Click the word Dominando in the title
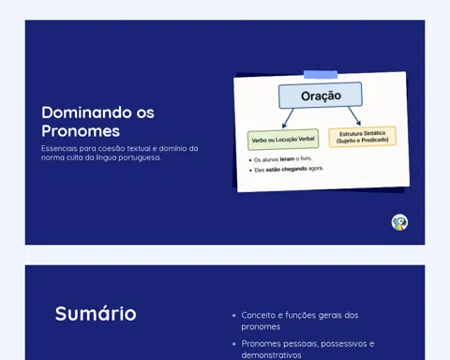tap(86, 112)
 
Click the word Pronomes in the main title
tap(81, 131)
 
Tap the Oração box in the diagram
tap(321, 96)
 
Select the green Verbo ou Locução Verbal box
tap(283, 140)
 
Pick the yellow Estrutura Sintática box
tap(363, 137)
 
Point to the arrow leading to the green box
tap(288, 118)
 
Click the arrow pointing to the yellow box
tap(354, 116)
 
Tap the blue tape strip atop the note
tap(321, 74)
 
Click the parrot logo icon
tap(399, 222)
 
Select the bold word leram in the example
tap(287, 159)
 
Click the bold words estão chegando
tap(286, 170)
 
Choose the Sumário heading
tap(96, 313)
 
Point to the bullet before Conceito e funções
tap(234, 316)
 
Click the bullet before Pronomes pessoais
tap(234, 344)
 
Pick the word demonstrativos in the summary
tap(271, 355)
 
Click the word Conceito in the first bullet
tap(258, 315)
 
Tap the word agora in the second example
tap(316, 169)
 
